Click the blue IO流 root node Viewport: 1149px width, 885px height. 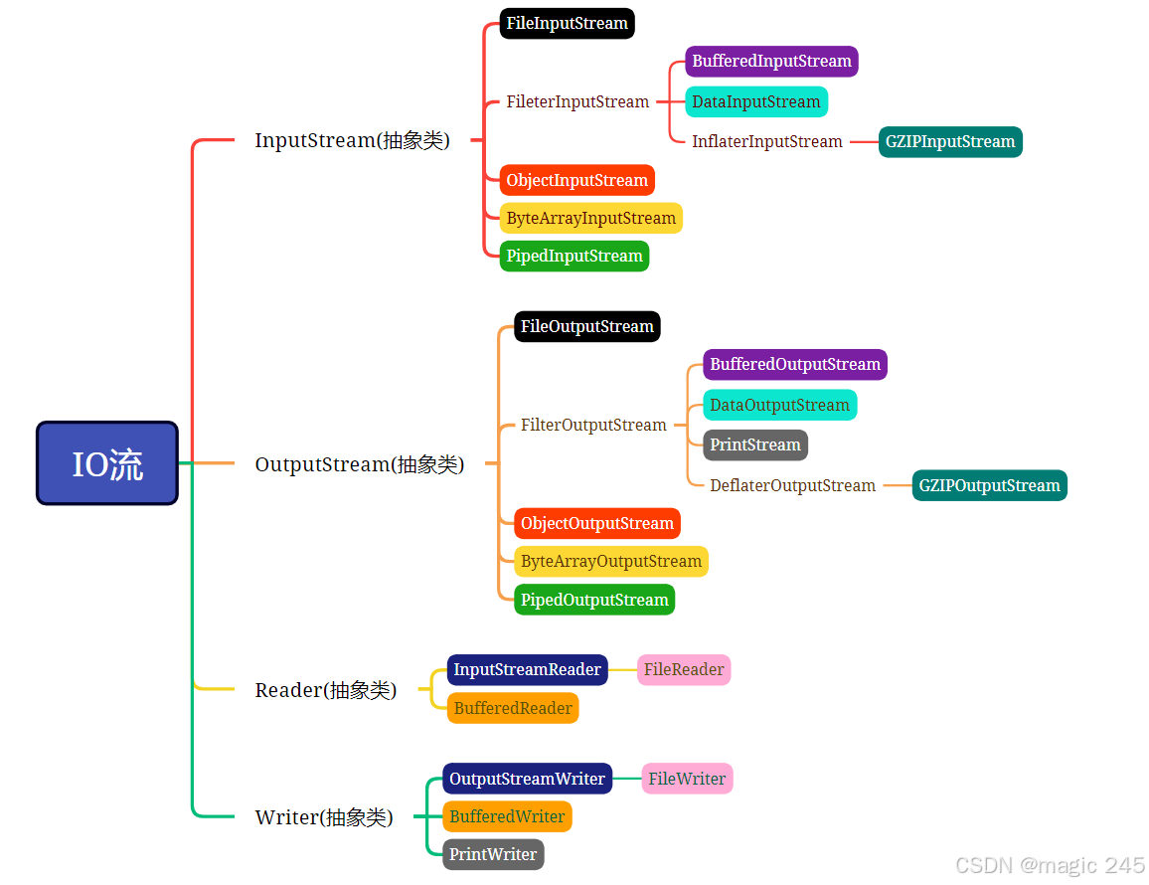coord(107,463)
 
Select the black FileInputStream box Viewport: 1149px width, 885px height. coord(567,23)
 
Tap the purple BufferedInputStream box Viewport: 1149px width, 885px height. coord(771,61)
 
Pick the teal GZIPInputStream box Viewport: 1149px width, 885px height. coord(950,141)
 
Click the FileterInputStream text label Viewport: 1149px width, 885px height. coord(577,101)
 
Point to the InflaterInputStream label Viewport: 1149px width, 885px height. coord(766,141)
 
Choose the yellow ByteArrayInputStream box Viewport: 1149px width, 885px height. coord(590,218)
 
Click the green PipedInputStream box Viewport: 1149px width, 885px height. coord(574,256)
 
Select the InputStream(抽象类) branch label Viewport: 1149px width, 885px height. coord(352,140)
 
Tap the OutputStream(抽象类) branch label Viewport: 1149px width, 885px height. coord(359,464)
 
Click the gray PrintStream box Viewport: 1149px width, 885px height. coord(755,444)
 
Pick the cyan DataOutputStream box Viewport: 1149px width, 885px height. coord(779,405)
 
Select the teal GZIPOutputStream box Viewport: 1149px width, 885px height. coord(989,485)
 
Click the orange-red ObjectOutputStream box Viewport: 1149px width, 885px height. coord(597,523)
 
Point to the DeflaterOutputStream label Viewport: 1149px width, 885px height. coord(792,485)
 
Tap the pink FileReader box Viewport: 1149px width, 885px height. coord(684,669)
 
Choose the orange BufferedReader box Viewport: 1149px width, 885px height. coord(513,708)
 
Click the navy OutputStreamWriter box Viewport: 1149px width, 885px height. coord(527,779)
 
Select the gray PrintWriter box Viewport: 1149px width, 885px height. coord(493,854)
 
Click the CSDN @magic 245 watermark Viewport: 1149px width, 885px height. coord(1050,865)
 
